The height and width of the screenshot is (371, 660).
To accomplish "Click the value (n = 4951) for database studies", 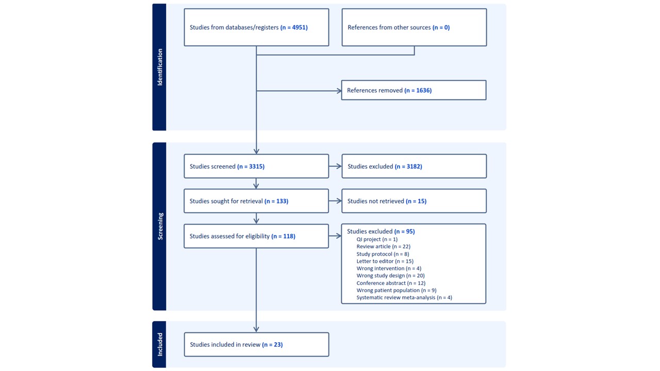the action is click(294, 27).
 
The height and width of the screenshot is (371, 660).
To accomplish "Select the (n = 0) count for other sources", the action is click(441, 27).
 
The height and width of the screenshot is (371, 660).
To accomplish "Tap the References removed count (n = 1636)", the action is click(418, 90).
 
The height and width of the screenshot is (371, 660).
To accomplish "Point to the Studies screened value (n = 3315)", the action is click(251, 166).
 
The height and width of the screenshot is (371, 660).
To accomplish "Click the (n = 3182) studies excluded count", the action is click(408, 166).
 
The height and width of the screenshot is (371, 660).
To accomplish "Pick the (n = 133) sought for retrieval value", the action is click(276, 201).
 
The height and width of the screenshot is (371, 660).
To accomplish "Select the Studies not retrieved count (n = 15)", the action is click(416, 201).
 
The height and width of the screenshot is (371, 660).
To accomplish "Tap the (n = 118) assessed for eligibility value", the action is click(283, 236).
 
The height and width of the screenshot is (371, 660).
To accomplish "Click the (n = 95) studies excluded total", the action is click(405, 231).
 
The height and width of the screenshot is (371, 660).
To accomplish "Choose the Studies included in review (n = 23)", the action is click(236, 345).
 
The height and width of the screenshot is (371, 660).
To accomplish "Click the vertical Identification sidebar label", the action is click(160, 67).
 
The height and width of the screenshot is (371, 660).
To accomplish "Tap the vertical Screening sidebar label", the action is click(160, 226).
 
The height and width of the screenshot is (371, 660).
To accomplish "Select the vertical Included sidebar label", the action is click(160, 345).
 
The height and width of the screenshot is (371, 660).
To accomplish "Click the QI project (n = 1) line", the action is click(377, 240).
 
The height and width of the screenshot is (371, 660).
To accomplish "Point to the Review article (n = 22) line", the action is click(383, 246).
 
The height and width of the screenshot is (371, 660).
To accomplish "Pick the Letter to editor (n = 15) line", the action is click(385, 261).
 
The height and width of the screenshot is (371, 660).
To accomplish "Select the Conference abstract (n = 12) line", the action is click(391, 283).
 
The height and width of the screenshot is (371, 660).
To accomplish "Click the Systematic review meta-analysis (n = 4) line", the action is click(404, 297).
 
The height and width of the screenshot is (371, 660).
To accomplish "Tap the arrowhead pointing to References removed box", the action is click(339, 91).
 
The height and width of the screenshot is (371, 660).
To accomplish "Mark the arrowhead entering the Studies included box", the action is click(256, 329).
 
